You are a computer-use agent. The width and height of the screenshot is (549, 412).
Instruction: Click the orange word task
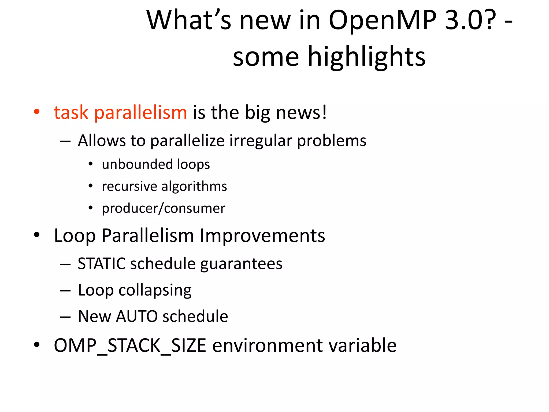click(71, 112)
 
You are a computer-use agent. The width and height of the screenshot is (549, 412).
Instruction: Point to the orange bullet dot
click(37, 111)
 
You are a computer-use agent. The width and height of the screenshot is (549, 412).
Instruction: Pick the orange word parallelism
click(140, 113)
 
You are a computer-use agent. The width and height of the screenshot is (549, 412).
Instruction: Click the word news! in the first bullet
click(301, 112)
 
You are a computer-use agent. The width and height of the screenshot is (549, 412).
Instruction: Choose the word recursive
click(129, 186)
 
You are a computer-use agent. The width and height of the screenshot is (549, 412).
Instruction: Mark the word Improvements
click(262, 236)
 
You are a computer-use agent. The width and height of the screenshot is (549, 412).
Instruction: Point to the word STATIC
click(102, 264)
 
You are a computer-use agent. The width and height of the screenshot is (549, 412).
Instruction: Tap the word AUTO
click(137, 317)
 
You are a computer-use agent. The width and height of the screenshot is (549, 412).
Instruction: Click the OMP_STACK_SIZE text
click(130, 345)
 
